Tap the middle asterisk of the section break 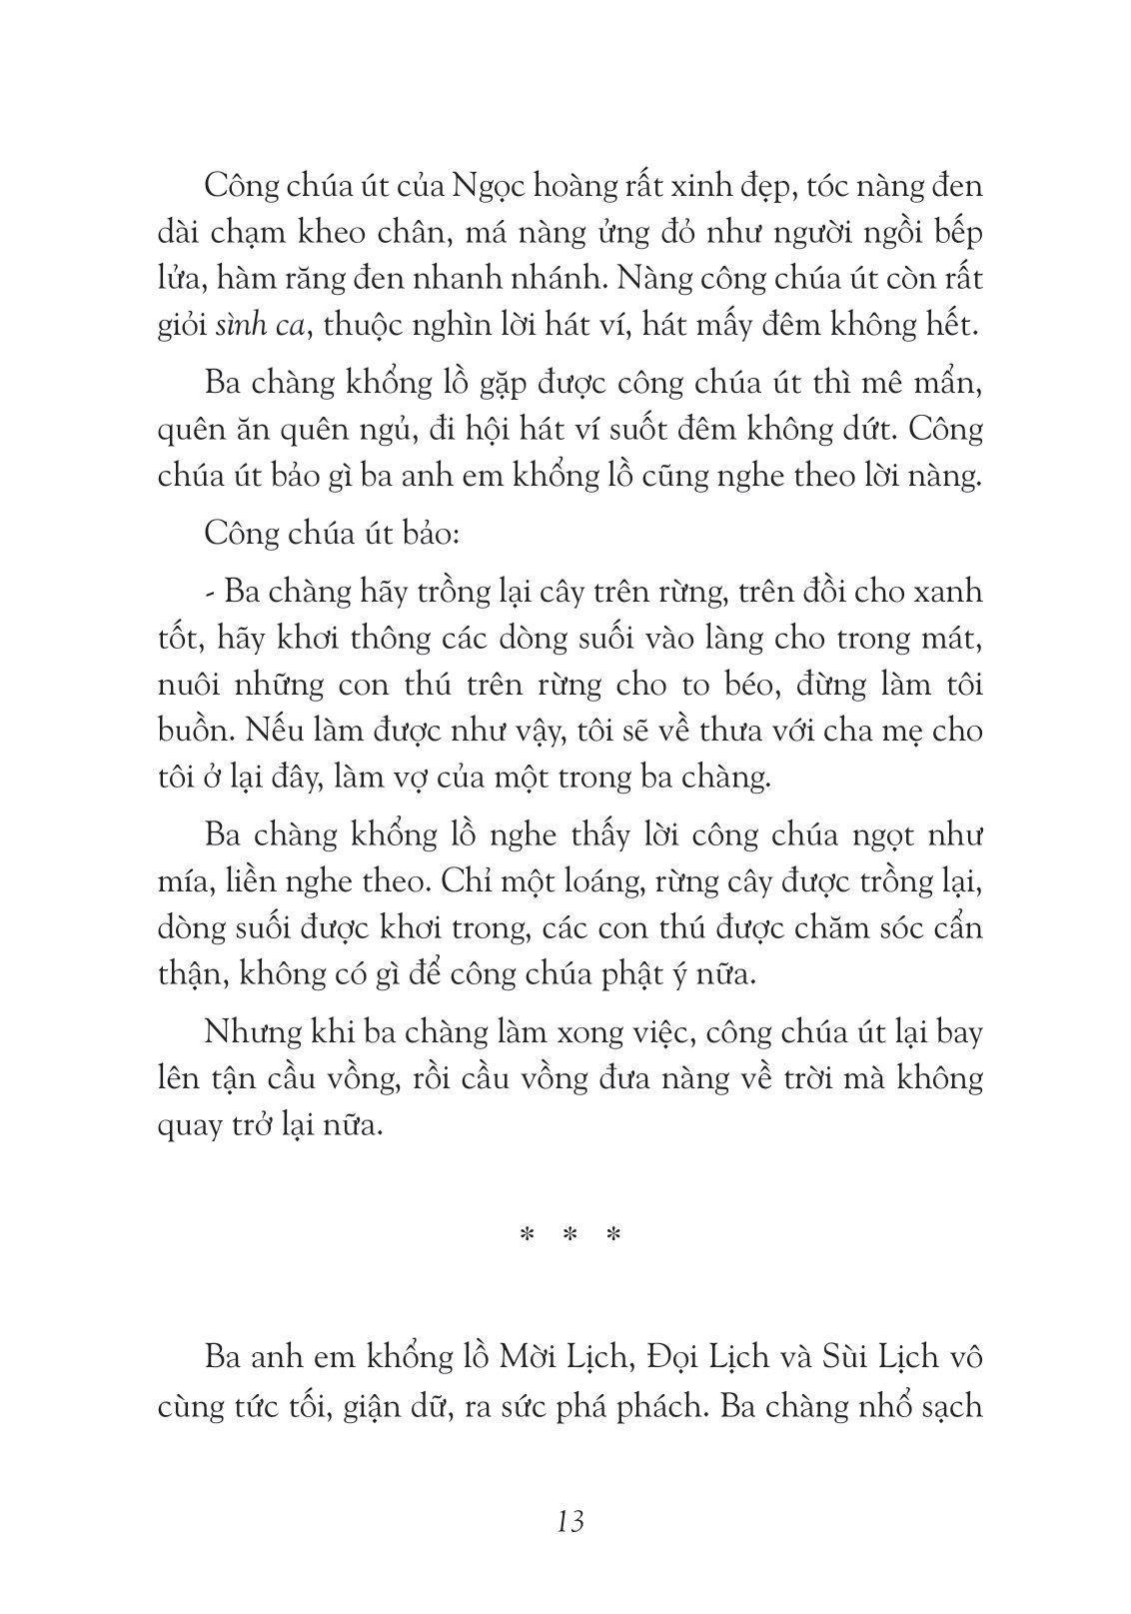coord(570,1235)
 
